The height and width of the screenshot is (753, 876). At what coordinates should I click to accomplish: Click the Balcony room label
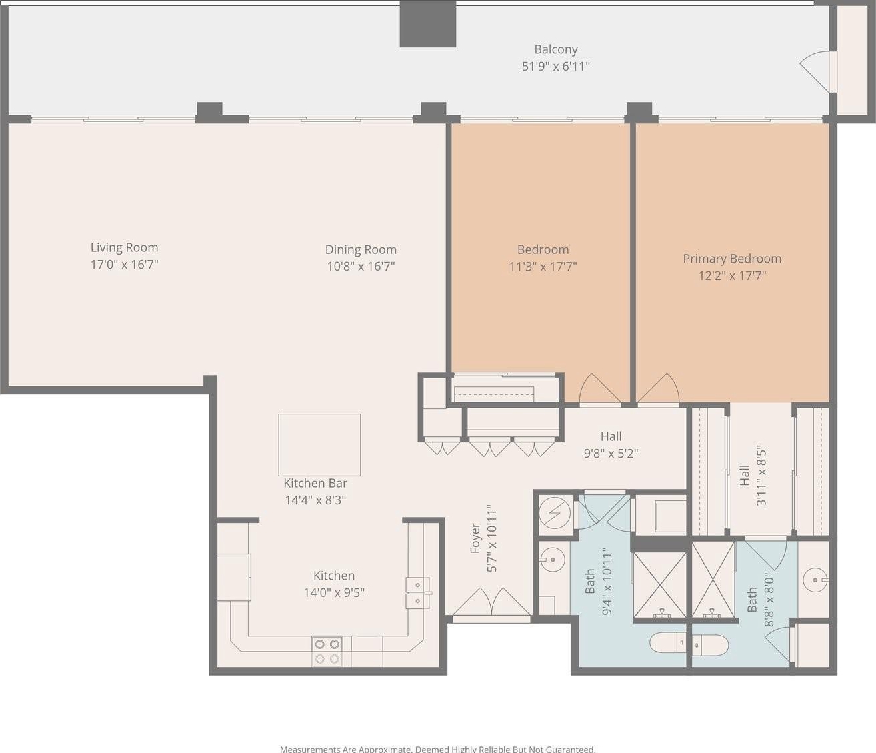coord(555,49)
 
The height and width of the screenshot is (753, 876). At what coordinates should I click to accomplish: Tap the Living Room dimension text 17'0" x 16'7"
coord(124,265)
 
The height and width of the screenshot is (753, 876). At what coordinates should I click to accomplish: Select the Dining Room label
coord(361,250)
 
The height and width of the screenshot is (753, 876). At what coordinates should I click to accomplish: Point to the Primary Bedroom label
coord(732,259)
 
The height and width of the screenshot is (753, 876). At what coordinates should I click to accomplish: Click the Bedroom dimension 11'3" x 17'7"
coord(543,267)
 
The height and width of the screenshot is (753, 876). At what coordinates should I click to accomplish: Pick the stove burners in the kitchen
coord(327,652)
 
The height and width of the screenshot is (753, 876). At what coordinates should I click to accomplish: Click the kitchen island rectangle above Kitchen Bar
coord(319,445)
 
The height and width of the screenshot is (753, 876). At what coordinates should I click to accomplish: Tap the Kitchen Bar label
coord(315,483)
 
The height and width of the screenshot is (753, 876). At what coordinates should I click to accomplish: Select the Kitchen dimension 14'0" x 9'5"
coord(334,592)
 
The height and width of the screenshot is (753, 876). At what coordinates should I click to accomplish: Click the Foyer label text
coord(475,538)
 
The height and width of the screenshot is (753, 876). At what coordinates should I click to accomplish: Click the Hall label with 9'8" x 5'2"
coord(611,436)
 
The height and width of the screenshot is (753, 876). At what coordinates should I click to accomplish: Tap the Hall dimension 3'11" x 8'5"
coord(761,476)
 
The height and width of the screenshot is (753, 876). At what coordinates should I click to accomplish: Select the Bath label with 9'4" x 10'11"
coord(590,581)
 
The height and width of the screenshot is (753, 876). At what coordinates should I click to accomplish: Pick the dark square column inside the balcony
coord(428,24)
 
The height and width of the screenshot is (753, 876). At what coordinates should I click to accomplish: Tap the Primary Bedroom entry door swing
coord(658,388)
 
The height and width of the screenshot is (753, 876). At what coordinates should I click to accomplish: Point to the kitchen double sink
coord(417,593)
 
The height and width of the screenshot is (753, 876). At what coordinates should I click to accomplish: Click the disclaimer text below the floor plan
coord(438,749)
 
